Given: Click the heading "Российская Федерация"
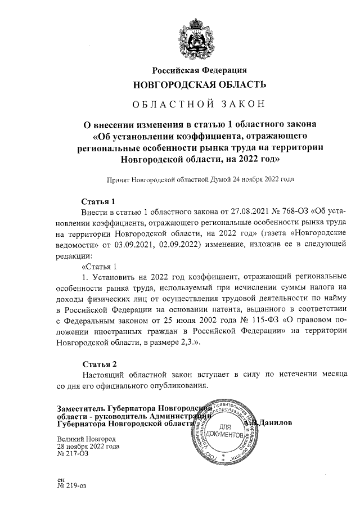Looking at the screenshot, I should pos(199,70).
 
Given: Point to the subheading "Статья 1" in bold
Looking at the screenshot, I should pos(98,201).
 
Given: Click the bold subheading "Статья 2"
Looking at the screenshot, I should pos(100,364).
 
